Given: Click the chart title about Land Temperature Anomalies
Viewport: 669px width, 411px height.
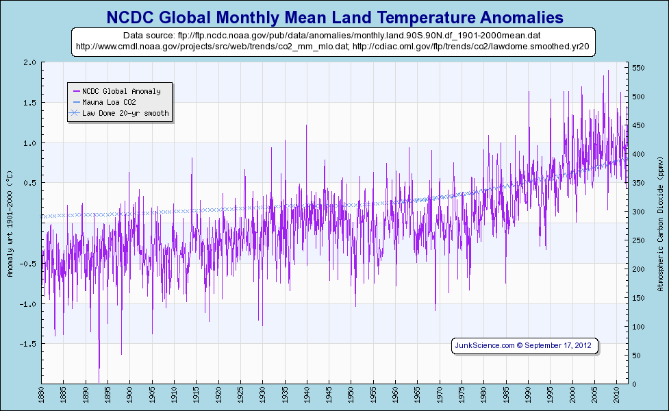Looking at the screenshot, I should click(334, 16).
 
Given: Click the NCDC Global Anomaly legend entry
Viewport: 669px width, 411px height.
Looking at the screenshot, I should click(121, 90).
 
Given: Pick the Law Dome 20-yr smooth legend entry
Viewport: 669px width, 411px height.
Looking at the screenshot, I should click(125, 113).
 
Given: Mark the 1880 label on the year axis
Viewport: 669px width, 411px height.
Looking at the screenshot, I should click(42, 395).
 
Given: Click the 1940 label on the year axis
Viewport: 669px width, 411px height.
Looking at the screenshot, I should click(307, 395).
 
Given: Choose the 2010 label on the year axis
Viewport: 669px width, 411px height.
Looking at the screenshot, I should click(616, 395).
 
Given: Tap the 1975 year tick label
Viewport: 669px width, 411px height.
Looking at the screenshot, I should click(462, 395).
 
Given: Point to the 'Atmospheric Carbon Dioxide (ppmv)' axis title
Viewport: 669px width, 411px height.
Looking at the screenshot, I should click(660, 223).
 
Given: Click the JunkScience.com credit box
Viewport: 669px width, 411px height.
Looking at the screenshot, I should click(526, 346).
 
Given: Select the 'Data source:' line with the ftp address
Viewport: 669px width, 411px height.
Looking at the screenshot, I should click(334, 35).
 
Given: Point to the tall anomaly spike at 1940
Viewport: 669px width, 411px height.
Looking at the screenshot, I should click(306, 126).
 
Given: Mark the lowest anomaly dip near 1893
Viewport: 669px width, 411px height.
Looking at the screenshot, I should click(99, 380).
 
